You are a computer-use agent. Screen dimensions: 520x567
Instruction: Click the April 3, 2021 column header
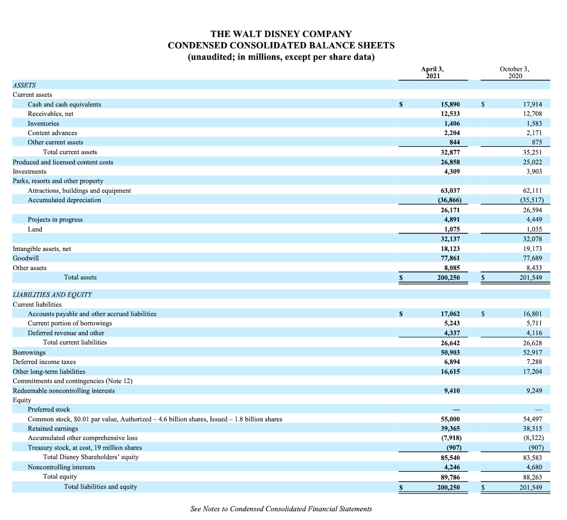(433, 72)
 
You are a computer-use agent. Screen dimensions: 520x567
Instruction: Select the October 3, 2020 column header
(515, 72)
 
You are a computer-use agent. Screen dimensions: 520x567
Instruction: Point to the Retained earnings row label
(53, 429)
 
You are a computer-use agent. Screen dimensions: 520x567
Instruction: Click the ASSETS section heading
(24, 85)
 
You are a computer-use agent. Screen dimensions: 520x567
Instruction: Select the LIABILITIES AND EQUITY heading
(52, 295)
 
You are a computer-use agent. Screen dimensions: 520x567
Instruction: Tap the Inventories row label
(43, 124)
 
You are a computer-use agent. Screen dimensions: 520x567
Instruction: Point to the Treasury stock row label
(85, 448)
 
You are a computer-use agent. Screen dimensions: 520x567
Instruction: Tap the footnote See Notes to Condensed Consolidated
(281, 509)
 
